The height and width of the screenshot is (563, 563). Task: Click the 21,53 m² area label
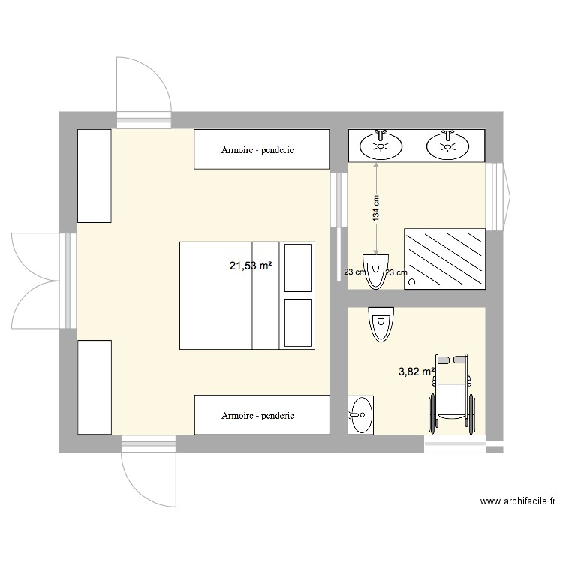tap(250, 266)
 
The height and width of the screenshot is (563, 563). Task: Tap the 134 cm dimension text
tap(377, 208)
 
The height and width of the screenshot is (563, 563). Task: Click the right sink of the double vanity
tap(449, 144)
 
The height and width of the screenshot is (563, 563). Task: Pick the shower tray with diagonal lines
tap(444, 257)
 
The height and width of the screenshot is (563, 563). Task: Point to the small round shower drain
tap(412, 282)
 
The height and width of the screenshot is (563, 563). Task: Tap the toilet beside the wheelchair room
tap(381, 324)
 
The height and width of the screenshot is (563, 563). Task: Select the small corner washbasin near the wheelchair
tap(360, 414)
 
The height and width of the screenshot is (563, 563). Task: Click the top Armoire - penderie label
tap(257, 150)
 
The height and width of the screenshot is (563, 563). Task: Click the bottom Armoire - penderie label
tap(257, 415)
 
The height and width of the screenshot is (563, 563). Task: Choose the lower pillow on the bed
tap(297, 323)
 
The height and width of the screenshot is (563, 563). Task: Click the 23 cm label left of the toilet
tap(354, 273)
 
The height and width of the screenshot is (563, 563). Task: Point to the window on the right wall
tap(498, 196)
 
